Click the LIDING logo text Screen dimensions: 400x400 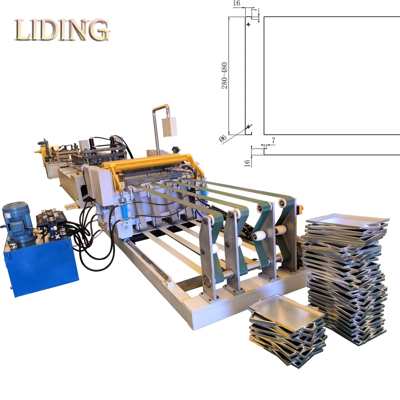click(x=62, y=30)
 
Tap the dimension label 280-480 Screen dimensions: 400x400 click(x=224, y=76)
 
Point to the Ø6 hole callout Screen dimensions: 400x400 click(x=223, y=138)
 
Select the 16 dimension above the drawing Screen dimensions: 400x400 click(x=236, y=3)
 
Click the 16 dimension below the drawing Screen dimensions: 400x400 click(x=247, y=163)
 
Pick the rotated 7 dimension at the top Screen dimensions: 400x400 click(x=254, y=10)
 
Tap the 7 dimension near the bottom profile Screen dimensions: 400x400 click(x=274, y=140)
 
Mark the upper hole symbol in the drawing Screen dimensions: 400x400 click(x=248, y=24)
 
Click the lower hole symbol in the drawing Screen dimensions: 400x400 click(x=249, y=126)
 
